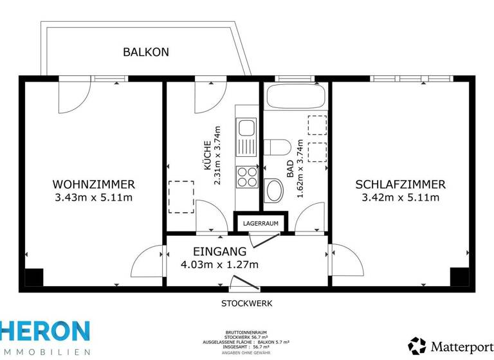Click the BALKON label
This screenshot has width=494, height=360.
coord(146,52)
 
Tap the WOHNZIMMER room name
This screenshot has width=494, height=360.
coord(94,184)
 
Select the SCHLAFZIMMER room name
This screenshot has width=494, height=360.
coord(400,184)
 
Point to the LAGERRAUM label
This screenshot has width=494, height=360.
coord(261,223)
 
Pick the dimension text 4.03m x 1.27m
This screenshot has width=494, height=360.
coord(221,265)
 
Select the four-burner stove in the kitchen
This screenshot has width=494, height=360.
coord(246,175)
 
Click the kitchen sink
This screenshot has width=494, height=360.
coord(246,135)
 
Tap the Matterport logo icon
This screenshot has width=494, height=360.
coord(417,346)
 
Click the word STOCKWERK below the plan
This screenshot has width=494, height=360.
coord(247,303)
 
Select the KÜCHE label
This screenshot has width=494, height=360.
coord(207,156)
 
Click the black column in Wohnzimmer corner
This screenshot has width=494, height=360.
coord(33,277)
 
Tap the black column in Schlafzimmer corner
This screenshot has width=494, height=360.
coord(459,277)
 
